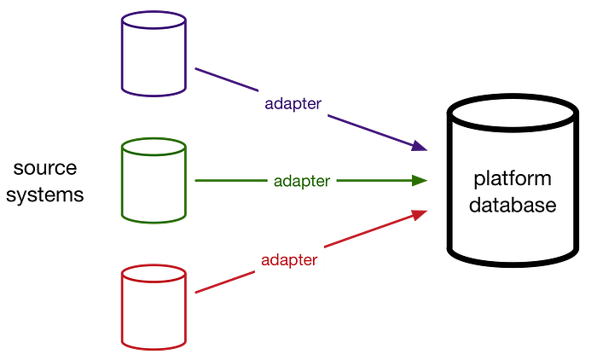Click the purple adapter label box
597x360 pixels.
293,105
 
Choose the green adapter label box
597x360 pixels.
302,181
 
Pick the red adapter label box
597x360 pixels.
290,259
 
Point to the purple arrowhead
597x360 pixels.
419,146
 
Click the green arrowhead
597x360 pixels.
420,180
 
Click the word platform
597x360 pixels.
512,179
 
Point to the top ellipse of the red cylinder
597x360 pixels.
154,272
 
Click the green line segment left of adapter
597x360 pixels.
229,181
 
